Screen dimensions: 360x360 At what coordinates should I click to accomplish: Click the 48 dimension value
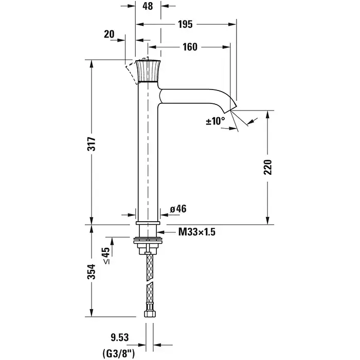tap(148, 8)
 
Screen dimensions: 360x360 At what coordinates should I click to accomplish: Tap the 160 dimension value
tap(189, 47)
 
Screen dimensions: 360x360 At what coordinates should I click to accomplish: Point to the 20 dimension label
tap(109, 34)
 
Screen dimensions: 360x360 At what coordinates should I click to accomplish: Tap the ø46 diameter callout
tap(177, 208)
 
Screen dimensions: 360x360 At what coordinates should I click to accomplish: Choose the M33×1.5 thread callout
tap(196, 232)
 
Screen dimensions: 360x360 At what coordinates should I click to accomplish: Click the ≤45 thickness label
tap(106, 255)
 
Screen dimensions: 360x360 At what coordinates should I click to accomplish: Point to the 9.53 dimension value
tap(119, 337)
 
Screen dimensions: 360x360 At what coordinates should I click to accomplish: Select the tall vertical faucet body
tap(148, 154)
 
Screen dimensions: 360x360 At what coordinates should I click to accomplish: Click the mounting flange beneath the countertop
tap(148, 239)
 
